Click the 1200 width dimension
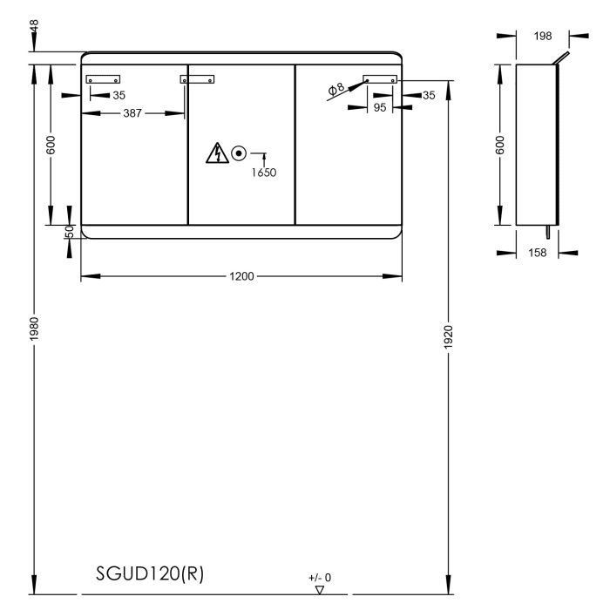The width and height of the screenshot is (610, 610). coord(241,277)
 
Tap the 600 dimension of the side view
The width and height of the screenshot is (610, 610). coord(500,145)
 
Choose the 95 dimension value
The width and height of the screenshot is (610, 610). coord(380,108)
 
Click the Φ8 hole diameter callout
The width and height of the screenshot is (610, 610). coord(336,89)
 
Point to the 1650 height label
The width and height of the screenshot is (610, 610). coord(264,173)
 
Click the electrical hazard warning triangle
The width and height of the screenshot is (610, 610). coord(214,154)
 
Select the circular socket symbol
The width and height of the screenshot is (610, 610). coord(239,154)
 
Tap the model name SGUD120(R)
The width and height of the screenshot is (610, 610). coord(150,576)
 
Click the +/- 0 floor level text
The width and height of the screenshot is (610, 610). coord(320,577)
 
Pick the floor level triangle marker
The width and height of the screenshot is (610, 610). coord(320,590)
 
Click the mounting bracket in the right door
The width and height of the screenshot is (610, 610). coord(381,79)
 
